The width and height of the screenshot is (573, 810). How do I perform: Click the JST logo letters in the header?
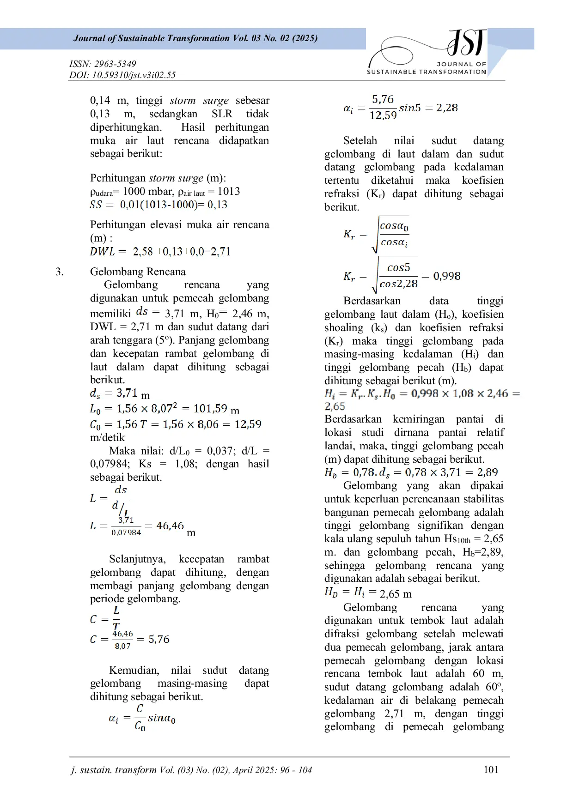click(467, 42)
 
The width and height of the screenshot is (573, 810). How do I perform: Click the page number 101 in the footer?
click(491, 769)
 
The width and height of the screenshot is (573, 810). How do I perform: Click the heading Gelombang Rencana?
click(138, 272)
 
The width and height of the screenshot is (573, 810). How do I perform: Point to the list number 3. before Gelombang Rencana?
click(60, 272)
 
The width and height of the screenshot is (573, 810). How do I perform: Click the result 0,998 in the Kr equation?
click(447, 276)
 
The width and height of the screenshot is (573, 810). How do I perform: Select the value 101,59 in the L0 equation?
click(210, 409)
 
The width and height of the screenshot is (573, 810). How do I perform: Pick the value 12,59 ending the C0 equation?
click(248, 424)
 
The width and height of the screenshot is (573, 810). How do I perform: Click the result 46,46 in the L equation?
click(170, 526)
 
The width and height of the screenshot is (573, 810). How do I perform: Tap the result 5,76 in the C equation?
click(159, 639)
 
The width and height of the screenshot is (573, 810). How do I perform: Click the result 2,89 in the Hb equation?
click(488, 472)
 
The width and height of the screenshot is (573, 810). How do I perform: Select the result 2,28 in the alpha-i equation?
click(447, 108)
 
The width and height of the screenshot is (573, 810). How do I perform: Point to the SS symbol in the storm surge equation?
click(96, 205)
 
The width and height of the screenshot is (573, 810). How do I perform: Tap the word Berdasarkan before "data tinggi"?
click(372, 301)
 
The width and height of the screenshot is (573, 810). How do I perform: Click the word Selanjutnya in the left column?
click(137, 559)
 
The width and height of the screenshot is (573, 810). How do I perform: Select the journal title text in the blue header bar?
click(195, 38)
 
